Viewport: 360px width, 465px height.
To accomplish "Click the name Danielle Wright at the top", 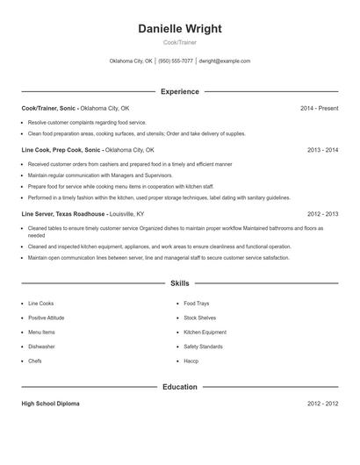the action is pyautogui.click(x=180, y=29).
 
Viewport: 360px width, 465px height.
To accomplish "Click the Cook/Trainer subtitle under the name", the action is pyautogui.click(x=180, y=43).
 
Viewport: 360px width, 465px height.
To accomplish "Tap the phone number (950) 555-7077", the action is pyautogui.click(x=176, y=61).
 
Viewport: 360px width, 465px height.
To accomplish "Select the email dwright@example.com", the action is pyautogui.click(x=225, y=61).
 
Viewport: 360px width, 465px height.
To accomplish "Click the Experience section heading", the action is pyautogui.click(x=180, y=91).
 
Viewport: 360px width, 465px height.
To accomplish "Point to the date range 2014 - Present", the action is pyautogui.click(x=319, y=108).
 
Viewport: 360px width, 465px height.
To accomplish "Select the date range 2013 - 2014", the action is pyautogui.click(x=322, y=150).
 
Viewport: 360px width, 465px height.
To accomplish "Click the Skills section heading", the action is pyautogui.click(x=180, y=283).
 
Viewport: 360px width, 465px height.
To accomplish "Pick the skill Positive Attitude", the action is pyautogui.click(x=46, y=318).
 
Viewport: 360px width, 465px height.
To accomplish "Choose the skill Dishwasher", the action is pyautogui.click(x=40, y=347).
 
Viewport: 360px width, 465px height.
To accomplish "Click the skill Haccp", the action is pyautogui.click(x=191, y=361).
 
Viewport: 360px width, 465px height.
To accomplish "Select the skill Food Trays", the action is pyautogui.click(x=196, y=304).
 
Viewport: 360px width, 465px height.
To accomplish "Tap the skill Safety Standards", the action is pyautogui.click(x=203, y=347).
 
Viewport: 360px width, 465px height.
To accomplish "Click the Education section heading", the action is pyautogui.click(x=180, y=387).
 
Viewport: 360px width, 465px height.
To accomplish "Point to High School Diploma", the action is pyautogui.click(x=50, y=404).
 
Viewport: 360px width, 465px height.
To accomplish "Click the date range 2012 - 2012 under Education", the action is pyautogui.click(x=322, y=404).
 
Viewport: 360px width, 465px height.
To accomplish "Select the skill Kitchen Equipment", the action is pyautogui.click(x=205, y=333).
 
